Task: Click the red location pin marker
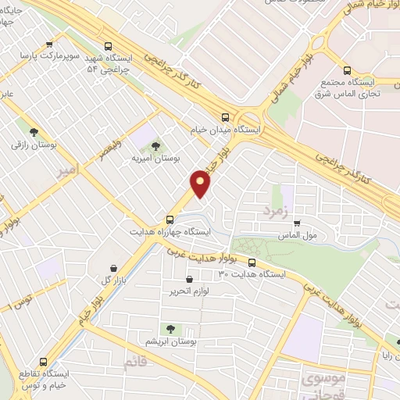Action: [x=202, y=184]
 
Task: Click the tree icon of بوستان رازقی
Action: [x=33, y=132]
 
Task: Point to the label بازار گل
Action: [x=113, y=279]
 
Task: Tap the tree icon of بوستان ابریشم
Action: [x=170, y=330]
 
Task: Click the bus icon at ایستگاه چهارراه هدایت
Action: [x=170, y=220]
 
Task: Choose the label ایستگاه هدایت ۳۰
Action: [x=252, y=274]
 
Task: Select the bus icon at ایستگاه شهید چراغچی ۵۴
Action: [x=108, y=45]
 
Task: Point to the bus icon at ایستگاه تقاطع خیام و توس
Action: [x=42, y=362]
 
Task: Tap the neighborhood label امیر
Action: [x=69, y=170]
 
